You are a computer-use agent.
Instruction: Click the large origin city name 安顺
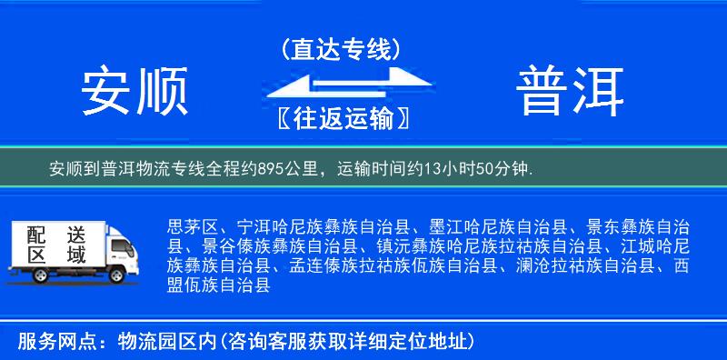(x=134, y=92)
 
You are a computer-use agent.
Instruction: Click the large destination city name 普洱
(x=571, y=92)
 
